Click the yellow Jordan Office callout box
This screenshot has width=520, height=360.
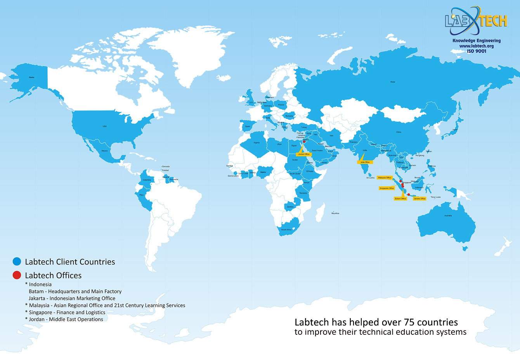pos(304,154)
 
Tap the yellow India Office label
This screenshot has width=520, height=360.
pos(365,162)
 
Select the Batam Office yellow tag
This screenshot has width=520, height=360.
pos(400,199)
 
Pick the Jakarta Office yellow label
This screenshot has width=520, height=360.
pos(419,199)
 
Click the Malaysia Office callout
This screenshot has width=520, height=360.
pos(385,178)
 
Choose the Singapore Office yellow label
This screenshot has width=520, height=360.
pos(387,188)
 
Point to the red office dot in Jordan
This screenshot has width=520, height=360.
pos(304,142)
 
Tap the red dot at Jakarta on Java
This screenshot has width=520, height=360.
pos(408,195)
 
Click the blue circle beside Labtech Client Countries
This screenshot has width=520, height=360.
pos(17,261)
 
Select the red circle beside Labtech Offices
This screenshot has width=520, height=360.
pos(17,275)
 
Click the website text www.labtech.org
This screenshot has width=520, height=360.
pos(477,46)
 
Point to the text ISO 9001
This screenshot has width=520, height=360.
pos(477,51)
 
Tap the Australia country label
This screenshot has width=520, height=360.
pos(448,216)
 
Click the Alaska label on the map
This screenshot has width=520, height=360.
pos(31,77)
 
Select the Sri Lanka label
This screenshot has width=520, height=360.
pos(370,178)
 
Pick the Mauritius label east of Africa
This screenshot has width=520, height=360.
pos(335,213)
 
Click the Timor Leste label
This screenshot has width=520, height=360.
pos(435,197)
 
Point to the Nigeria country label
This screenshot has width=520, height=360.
pos(263,172)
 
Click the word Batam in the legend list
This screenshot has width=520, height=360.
pos(36,291)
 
